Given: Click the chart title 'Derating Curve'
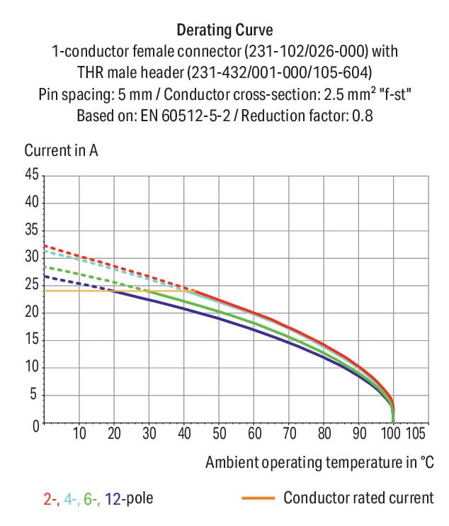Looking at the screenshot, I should [x=224, y=30].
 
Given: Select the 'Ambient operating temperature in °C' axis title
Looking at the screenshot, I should [x=319, y=462].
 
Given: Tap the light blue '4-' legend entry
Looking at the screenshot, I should [x=71, y=499].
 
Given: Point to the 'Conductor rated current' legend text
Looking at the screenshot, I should [x=358, y=498].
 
